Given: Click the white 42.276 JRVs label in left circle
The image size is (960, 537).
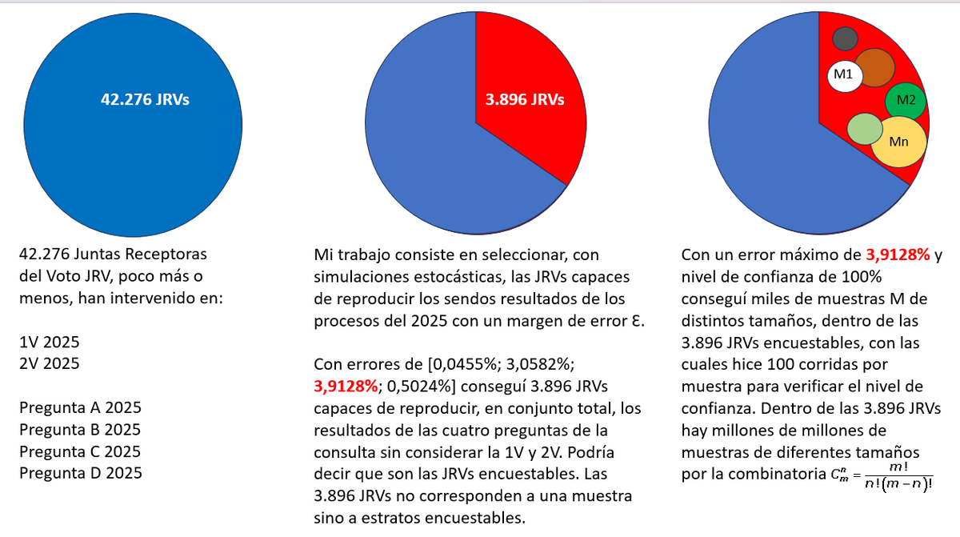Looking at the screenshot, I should coord(145,100).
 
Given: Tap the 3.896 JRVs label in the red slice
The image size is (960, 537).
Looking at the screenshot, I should coord(524,100).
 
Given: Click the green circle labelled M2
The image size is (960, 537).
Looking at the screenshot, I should coord(906,101).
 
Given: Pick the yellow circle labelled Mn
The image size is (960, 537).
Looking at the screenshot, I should coord(898,142).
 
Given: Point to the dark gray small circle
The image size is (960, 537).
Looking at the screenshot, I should coord(845,38).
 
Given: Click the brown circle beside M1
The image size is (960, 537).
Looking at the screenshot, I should coord(874,68).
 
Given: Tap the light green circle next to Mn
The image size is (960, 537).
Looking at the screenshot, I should coord(864,130).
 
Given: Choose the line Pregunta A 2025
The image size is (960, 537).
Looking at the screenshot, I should coord(80,407).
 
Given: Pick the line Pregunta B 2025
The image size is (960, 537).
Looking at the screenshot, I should coord(80,429).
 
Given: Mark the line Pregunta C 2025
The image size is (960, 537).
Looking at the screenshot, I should coord(80,451).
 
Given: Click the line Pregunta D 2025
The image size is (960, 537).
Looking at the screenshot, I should coord(80,473).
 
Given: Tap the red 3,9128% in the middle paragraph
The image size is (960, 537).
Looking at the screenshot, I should coord(346,386).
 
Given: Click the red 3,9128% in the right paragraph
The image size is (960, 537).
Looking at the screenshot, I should coord(898,255).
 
